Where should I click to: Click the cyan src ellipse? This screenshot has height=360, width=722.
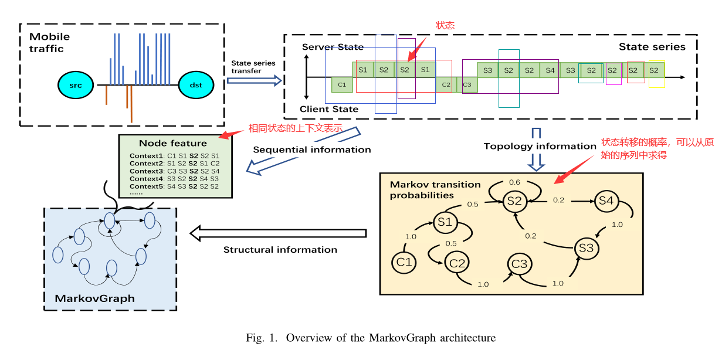pos(76,86)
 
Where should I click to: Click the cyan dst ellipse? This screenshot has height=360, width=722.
pos(196,86)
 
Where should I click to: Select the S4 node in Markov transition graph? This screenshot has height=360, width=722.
pos(606,201)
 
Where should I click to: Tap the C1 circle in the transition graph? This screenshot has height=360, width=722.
pos(404,262)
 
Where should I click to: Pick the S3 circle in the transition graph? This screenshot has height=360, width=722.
pos(586,248)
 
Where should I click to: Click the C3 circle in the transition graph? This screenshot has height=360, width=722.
pos(520,264)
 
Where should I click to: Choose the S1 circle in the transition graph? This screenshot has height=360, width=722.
pos(445,222)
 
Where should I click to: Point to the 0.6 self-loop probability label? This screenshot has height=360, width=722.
pos(514,182)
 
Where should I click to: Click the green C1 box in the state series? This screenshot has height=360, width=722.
pos(341,84)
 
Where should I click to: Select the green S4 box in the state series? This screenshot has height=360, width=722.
pos(550,70)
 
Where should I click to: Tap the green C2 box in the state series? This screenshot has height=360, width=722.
pos(446,84)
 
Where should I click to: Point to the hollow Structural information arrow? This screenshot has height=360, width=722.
pos(277,233)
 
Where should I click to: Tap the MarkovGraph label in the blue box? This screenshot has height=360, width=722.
pos(94,298)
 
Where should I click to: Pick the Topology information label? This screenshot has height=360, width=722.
pos(540,146)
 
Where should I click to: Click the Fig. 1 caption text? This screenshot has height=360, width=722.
pos(371,338)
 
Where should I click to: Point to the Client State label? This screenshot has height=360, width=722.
pos(328,109)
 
